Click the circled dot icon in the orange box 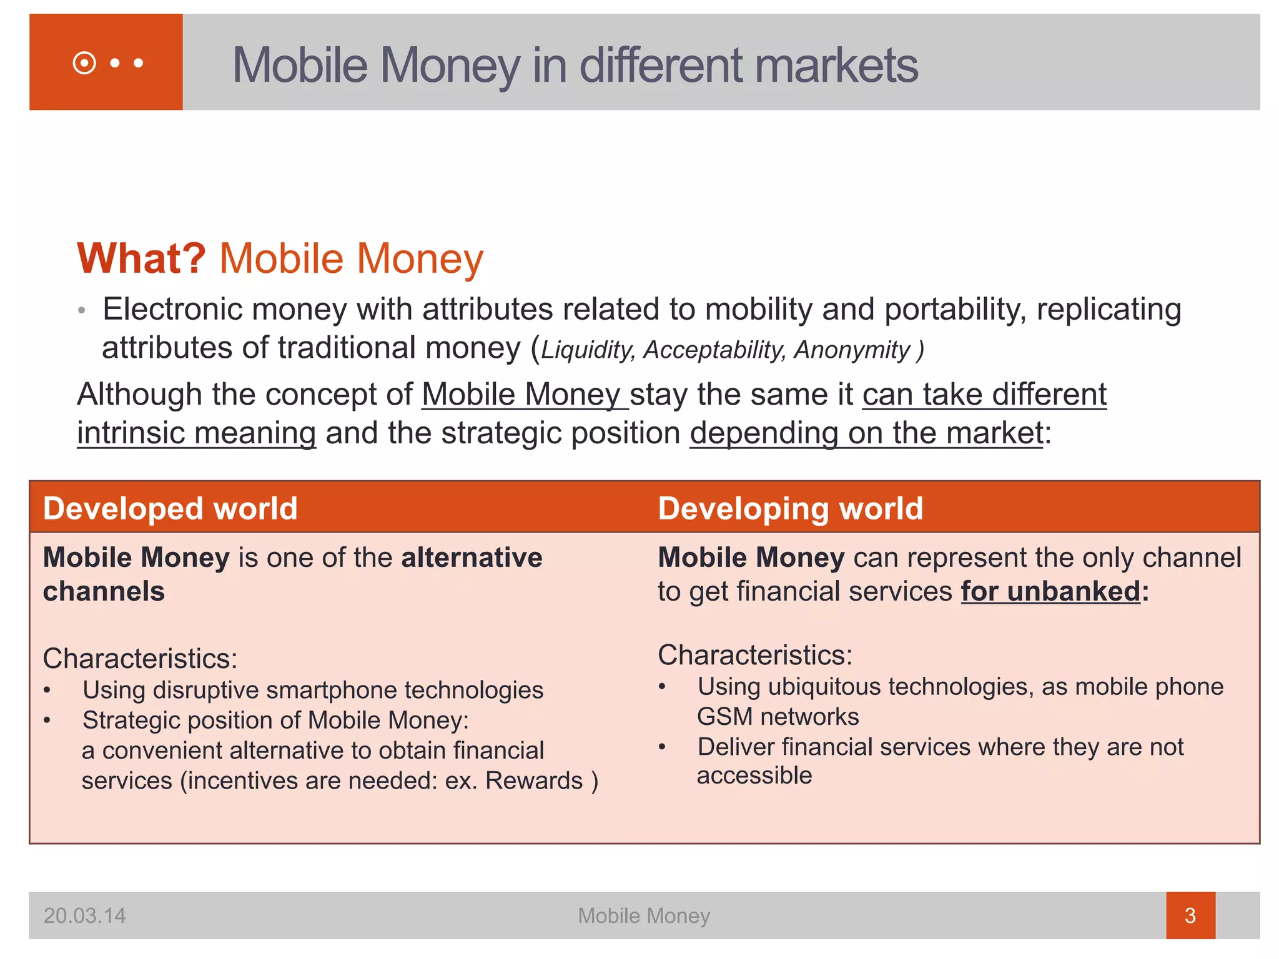click(84, 63)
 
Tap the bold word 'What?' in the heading click(141, 258)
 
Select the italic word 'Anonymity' click(852, 350)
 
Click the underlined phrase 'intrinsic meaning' click(197, 433)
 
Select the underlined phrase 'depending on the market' click(866, 433)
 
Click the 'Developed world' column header click(170, 508)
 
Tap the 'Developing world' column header click(790, 508)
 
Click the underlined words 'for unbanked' click(1050, 591)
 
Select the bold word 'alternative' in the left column click(472, 558)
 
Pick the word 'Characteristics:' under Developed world click(140, 659)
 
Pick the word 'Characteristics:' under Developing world click(755, 655)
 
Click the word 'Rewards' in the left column click(534, 781)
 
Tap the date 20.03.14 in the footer click(84, 916)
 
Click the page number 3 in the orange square click(1190, 916)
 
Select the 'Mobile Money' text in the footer click(643, 916)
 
